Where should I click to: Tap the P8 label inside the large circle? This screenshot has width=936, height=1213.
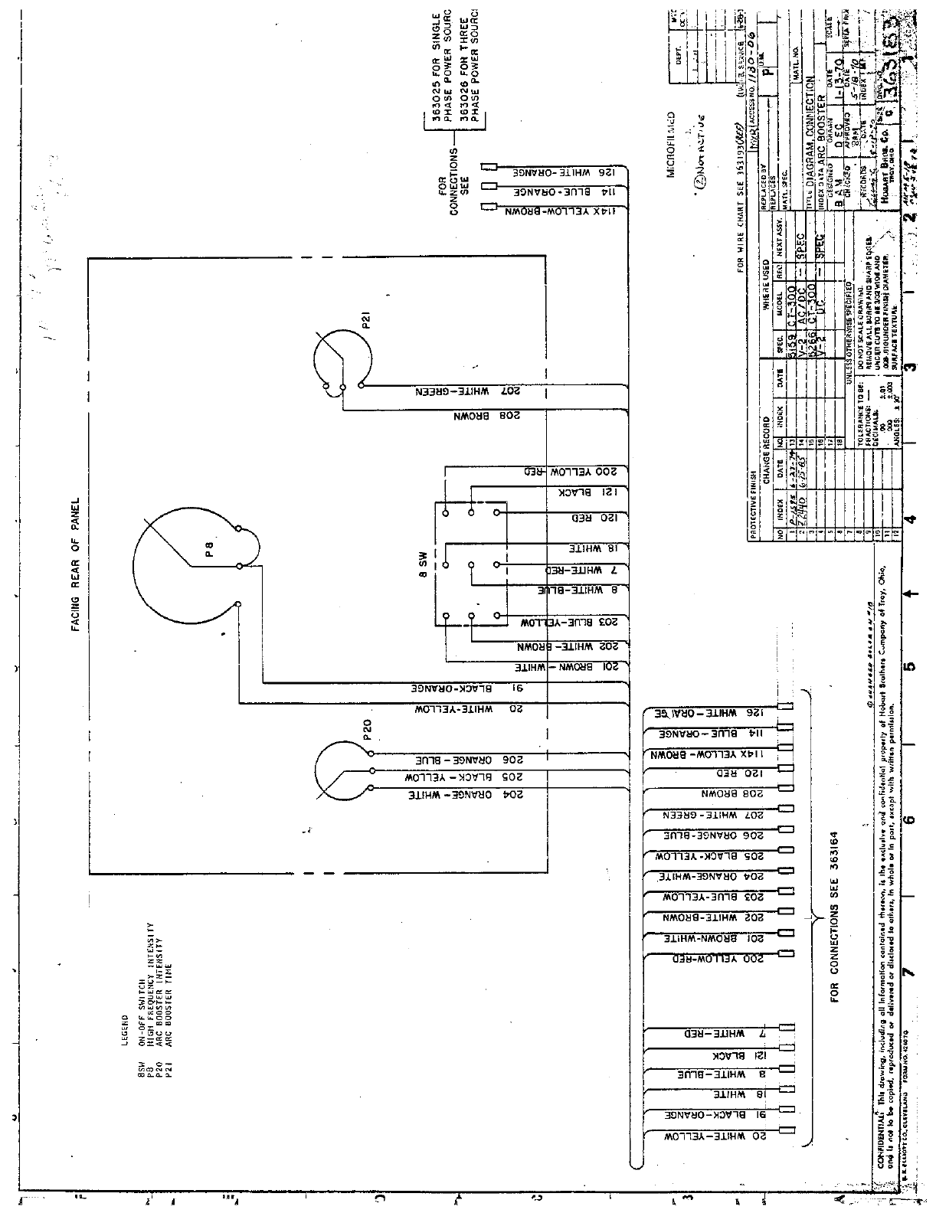208,550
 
